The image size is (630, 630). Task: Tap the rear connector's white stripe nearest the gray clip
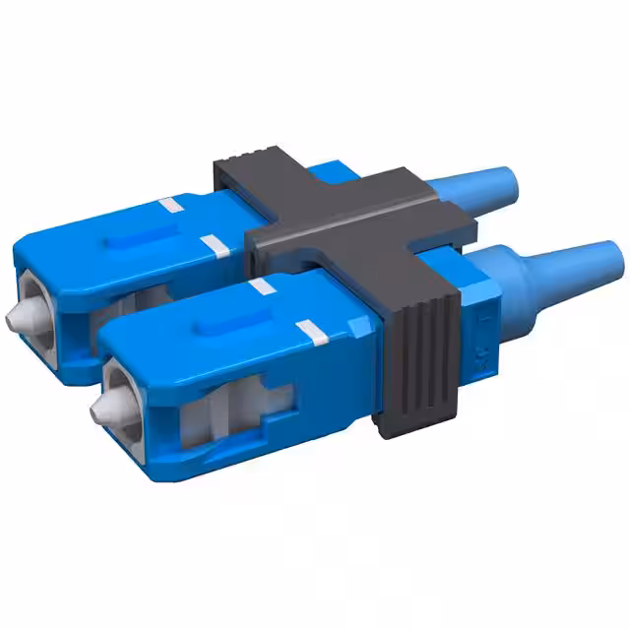coord(213,242)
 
